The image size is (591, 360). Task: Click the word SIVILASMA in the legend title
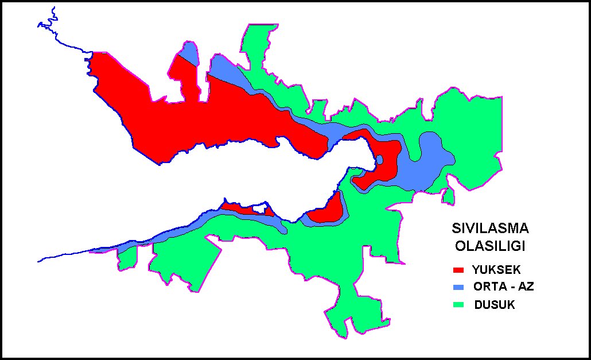tap(489, 228)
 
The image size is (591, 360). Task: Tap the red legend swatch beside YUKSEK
tap(458, 269)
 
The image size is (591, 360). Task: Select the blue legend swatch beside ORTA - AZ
tap(458, 287)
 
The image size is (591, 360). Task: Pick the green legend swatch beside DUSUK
tap(458, 305)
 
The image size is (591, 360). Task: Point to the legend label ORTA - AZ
tap(503, 287)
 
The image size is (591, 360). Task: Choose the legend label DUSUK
tap(495, 305)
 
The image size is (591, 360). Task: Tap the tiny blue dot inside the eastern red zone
tap(379, 160)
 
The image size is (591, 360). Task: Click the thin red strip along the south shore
tap(244, 209)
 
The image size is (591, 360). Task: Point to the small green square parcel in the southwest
tap(127, 258)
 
